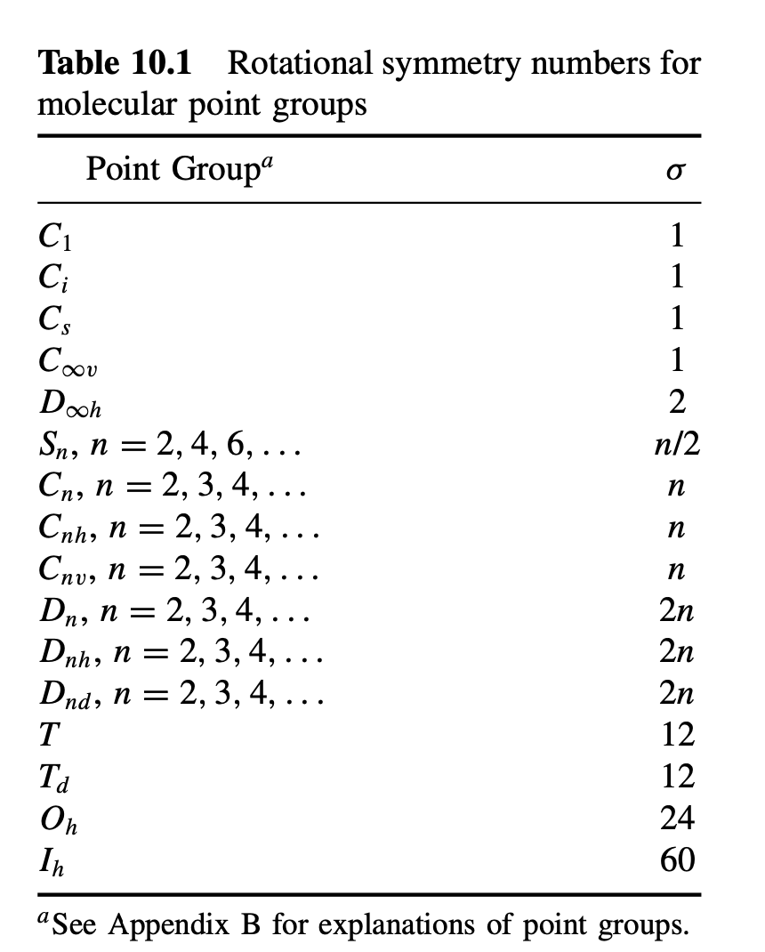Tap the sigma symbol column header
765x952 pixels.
pyautogui.click(x=677, y=169)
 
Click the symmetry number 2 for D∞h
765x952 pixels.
pyautogui.click(x=677, y=402)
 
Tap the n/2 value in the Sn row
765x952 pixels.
pyautogui.click(x=676, y=443)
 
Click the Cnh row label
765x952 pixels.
pyautogui.click(x=179, y=528)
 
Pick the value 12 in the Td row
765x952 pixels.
pyautogui.click(x=677, y=776)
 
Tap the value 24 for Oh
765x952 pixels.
pyautogui.click(x=677, y=817)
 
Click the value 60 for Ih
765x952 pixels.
pyautogui.click(x=677, y=859)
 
